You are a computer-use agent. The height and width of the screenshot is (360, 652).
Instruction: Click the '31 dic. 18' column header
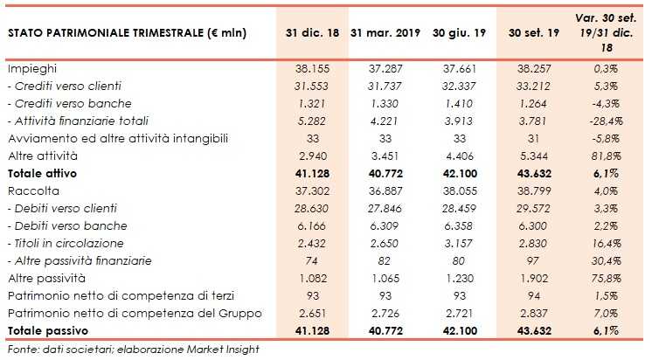click(311, 33)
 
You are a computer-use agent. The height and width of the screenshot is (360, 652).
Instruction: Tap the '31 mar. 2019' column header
click(385, 33)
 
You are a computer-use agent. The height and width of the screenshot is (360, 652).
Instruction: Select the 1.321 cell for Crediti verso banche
click(311, 103)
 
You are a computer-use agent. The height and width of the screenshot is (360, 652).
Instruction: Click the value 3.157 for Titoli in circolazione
click(459, 243)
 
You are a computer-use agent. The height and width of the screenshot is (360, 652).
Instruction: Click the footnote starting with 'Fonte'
click(131, 350)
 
